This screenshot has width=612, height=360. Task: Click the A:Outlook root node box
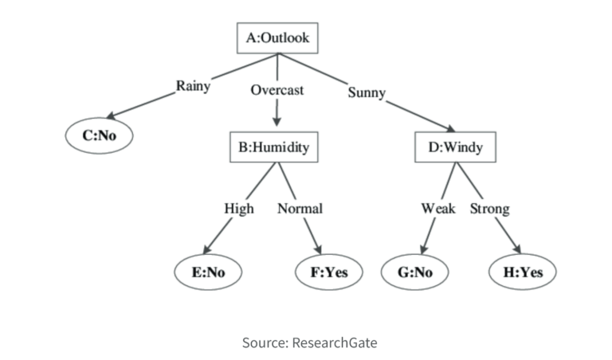(x=277, y=37)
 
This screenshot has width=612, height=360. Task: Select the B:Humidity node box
(x=276, y=147)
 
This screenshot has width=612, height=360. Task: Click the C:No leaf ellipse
(x=100, y=135)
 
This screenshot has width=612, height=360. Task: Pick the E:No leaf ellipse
(x=208, y=272)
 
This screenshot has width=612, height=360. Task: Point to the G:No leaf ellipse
(x=414, y=272)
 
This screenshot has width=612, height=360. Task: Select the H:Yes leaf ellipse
(x=522, y=272)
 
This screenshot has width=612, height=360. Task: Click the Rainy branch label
(x=193, y=86)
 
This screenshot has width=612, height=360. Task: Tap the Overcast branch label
(x=277, y=90)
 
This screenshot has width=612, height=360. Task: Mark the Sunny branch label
(x=367, y=92)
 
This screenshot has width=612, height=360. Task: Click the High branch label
(x=239, y=209)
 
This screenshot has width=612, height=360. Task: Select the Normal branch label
(x=300, y=209)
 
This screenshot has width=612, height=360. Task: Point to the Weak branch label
(x=438, y=209)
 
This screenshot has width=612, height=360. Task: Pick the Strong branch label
(x=489, y=209)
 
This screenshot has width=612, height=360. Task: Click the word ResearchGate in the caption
(x=335, y=342)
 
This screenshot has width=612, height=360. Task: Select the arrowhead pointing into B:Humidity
(x=277, y=123)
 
